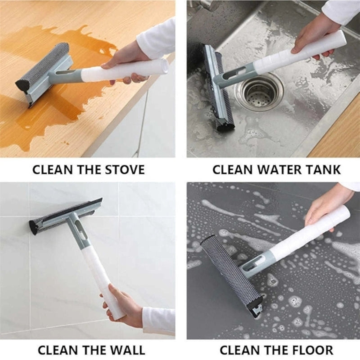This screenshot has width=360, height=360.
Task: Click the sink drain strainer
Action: [261, 92]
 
